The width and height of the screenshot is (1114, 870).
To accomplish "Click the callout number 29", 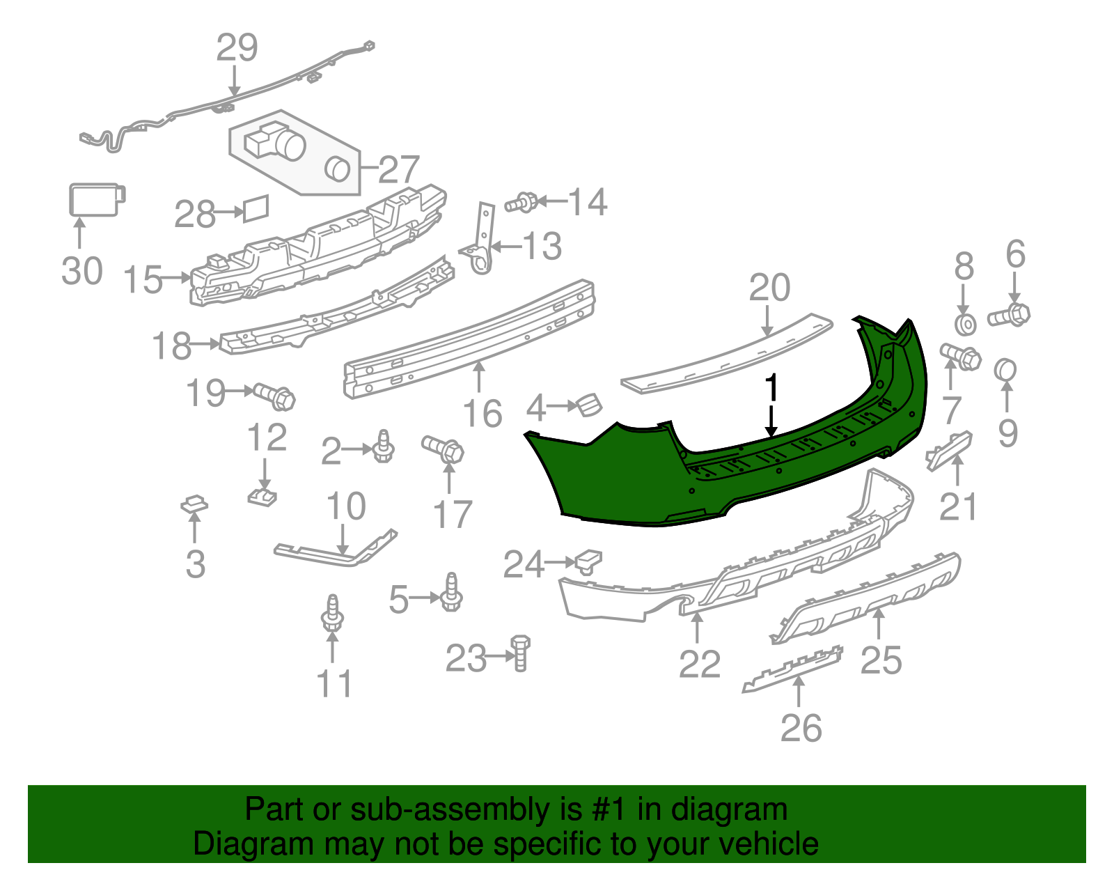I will click(237, 48).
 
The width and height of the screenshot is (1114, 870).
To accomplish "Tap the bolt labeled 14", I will click(521, 203).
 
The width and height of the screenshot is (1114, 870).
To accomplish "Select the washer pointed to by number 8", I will click(965, 324).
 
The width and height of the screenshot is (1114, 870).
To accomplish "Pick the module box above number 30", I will click(96, 199).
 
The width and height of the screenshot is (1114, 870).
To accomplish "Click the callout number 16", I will click(482, 414).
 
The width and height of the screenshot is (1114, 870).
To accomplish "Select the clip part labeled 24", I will click(588, 561).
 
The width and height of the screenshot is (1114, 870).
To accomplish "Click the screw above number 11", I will click(332, 613).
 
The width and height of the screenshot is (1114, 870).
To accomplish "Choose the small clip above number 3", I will click(194, 504).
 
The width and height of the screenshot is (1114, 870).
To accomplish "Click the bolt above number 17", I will click(444, 448).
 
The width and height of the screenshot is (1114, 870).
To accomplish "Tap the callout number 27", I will click(398, 169).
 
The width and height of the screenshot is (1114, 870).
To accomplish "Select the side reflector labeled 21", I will click(948, 449).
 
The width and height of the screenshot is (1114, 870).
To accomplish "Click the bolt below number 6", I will click(1009, 316).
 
